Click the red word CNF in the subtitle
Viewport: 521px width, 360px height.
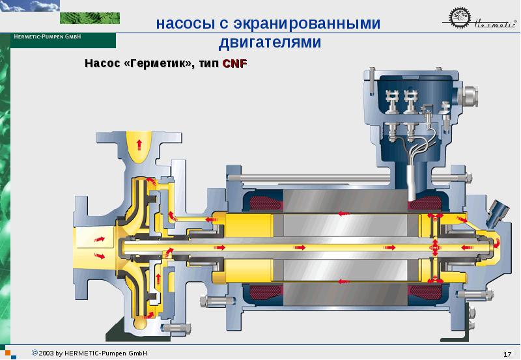(234, 63)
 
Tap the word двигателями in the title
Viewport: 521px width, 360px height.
(270, 42)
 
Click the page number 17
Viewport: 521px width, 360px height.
(507, 354)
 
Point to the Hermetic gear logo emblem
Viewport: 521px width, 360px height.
(460, 18)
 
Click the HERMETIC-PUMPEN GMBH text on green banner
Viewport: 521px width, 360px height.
(47, 36)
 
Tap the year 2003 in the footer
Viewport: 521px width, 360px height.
(46, 353)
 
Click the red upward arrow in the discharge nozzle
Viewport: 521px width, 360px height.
(139, 144)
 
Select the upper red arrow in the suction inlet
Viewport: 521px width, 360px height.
(100, 239)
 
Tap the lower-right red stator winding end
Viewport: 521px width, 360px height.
(426, 294)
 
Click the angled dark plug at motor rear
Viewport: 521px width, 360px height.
(498, 212)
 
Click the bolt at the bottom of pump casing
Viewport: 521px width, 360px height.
(176, 329)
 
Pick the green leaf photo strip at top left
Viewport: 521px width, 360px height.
(90, 18)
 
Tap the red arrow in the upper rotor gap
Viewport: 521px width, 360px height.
(345, 214)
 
